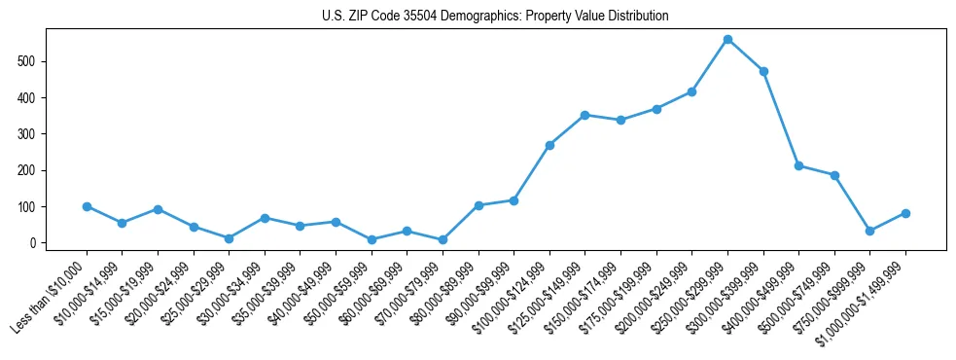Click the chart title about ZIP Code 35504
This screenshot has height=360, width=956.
pos(495,17)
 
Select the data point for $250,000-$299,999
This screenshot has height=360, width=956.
pos(727,40)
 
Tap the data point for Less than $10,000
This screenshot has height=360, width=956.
pos(87,206)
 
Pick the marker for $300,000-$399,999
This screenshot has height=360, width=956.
pos(763,71)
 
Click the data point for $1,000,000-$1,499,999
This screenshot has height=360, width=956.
pos(905,213)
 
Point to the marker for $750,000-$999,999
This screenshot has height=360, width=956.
pos(870,231)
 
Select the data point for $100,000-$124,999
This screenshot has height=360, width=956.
pos(549,145)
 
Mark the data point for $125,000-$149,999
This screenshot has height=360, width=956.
pos(585,115)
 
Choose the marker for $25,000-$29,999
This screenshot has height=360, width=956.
pos(229,238)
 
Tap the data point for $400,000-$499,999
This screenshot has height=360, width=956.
pos(798,166)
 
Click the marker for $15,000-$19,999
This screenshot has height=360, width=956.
pos(158,209)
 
